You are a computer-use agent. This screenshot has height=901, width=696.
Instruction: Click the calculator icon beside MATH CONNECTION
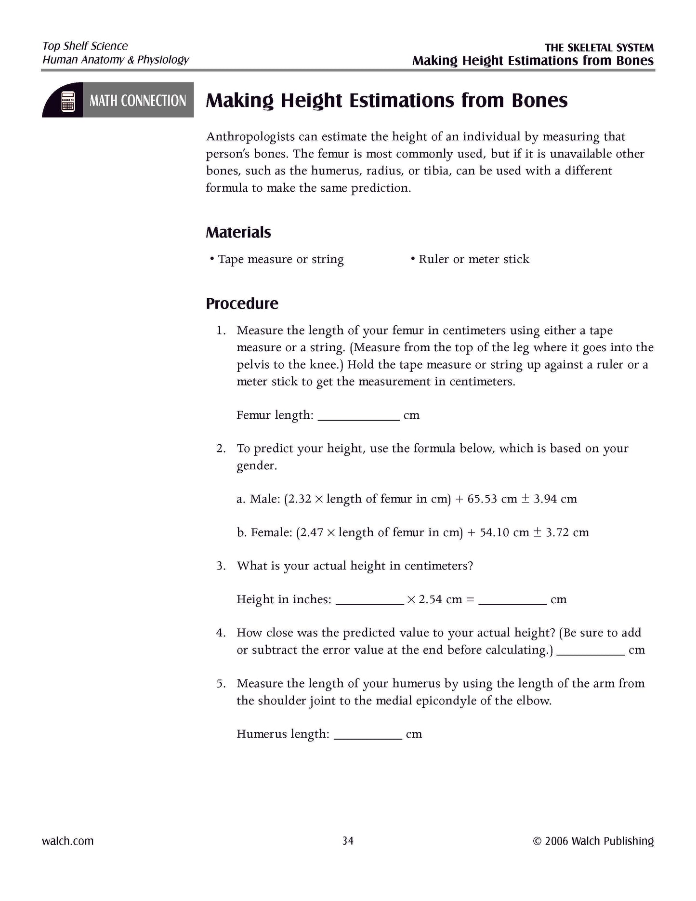(x=68, y=101)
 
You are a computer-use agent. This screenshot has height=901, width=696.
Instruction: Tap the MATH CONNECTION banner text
(x=138, y=101)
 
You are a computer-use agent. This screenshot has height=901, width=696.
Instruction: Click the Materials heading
(x=238, y=233)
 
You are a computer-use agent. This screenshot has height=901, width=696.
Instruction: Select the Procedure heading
(x=242, y=304)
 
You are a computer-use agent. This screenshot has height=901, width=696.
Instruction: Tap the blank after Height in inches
(x=369, y=600)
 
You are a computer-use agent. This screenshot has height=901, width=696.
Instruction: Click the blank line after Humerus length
(x=368, y=734)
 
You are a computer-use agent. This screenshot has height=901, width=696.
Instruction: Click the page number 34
(x=348, y=841)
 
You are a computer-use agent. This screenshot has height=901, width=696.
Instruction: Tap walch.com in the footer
(x=68, y=841)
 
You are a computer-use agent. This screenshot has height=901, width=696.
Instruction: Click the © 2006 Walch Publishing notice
(x=593, y=841)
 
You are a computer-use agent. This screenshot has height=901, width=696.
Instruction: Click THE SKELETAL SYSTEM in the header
(x=599, y=48)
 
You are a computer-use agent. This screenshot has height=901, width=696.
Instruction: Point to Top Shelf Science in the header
(x=85, y=46)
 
